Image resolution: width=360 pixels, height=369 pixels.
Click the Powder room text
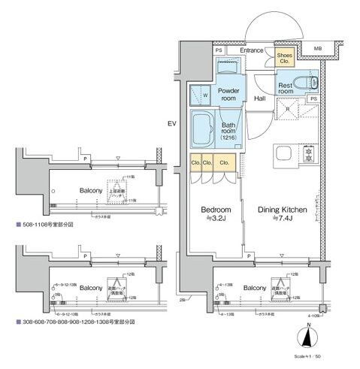228,94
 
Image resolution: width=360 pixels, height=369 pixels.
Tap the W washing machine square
200,95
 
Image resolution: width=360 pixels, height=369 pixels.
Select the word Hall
259,98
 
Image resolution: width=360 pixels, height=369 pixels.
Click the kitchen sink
286,155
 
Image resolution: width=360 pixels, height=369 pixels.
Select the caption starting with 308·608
74,321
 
